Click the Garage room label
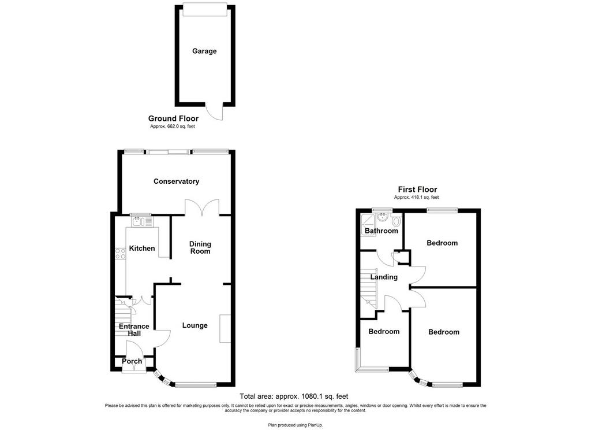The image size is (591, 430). (204, 51)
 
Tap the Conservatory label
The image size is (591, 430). (176, 181)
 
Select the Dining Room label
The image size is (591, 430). (200, 248)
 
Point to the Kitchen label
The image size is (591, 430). (142, 248)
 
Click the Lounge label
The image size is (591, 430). (195, 325)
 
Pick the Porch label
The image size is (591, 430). (132, 361)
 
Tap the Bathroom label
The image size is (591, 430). (381, 231)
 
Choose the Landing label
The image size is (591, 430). (384, 277)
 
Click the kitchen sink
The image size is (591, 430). (142, 221)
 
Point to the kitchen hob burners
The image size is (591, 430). (121, 254)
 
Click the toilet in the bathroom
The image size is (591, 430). (396, 220)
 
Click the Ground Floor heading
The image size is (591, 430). (173, 118)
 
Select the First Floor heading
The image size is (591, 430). (417, 190)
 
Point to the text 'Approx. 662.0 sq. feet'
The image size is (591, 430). (173, 127)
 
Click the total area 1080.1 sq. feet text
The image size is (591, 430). (294, 396)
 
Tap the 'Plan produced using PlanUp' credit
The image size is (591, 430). (295, 425)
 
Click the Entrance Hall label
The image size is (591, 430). (134, 330)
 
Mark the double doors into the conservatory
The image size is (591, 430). (203, 207)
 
